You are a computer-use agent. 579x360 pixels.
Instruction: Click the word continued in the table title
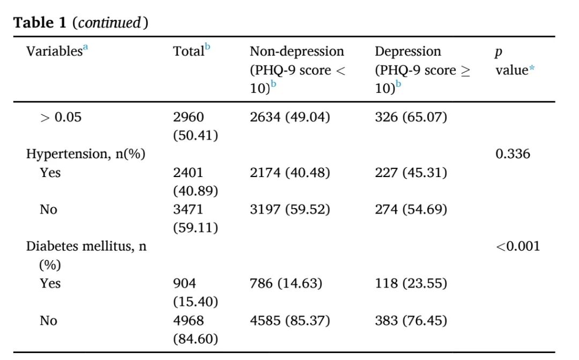point(110,23)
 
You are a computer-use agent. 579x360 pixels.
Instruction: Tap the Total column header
point(191,50)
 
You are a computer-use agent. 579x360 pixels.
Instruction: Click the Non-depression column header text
point(298,70)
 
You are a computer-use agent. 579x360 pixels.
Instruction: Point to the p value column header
point(515,61)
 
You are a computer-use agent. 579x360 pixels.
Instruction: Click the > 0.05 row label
point(61,117)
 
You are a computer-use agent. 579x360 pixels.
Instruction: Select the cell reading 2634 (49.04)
point(290,117)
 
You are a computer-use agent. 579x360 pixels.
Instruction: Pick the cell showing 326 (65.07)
point(411,117)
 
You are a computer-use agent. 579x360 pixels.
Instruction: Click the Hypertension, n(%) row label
point(86,154)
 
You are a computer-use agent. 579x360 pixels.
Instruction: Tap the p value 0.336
point(513,154)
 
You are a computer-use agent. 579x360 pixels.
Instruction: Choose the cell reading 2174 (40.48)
point(290,173)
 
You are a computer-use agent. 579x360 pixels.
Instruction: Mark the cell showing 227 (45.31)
point(411,173)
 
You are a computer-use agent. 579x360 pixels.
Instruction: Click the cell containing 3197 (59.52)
point(290,210)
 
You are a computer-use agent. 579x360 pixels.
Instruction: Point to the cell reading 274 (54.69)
point(411,210)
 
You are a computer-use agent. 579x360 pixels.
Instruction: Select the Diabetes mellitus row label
point(86,255)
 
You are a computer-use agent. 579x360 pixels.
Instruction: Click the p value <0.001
point(518,246)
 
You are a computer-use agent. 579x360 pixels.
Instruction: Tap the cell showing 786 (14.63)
point(286,283)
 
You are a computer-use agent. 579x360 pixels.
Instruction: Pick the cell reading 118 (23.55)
point(411,283)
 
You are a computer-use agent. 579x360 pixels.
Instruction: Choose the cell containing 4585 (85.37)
point(290,320)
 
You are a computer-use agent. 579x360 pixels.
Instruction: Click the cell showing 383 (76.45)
point(411,320)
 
